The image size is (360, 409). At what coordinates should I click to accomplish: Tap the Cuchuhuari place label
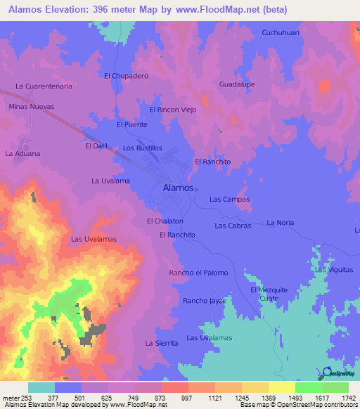point(282,32)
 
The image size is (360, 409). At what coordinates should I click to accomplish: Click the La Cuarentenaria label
point(44,86)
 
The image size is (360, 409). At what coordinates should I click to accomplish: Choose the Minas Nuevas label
point(32,106)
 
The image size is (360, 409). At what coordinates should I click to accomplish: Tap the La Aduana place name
point(22,152)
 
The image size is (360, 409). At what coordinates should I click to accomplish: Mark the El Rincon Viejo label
point(173,110)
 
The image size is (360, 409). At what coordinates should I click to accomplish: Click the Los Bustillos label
point(143,148)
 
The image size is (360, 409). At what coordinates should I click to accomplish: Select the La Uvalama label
point(111,181)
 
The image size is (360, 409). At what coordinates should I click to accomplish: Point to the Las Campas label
point(230,200)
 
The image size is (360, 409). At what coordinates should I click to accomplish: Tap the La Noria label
point(281,222)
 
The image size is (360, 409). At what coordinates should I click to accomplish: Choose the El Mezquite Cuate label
point(269,294)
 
